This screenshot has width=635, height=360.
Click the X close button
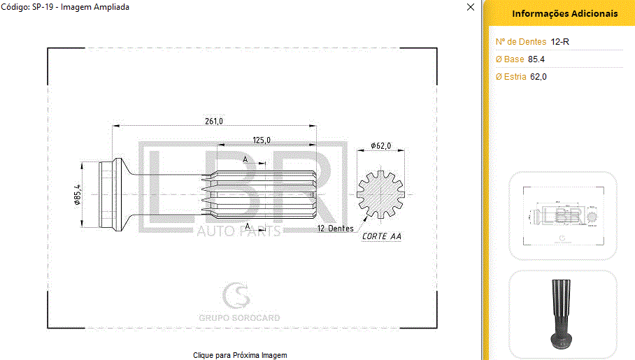coord(471,7)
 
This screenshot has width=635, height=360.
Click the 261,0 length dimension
coord(214,121)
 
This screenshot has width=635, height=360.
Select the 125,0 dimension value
coord(262,141)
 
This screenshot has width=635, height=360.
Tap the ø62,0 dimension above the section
coord(381,146)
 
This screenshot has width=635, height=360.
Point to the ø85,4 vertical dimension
coord(78,194)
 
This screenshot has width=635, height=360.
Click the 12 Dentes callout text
coord(335,229)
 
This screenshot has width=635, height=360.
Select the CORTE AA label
coord(382,236)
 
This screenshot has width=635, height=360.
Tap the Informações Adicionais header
coord(564,13)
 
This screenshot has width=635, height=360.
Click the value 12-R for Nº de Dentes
coord(560,42)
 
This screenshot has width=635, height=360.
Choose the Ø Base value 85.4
coord(536,59)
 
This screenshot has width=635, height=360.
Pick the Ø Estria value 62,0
coord(538,77)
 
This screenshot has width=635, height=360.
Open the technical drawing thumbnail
coord(562,215)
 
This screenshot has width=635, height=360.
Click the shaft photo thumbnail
coord(562,314)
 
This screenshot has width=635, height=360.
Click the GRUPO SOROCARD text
coord(239,318)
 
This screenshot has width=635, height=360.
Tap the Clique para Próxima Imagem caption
coord(240,355)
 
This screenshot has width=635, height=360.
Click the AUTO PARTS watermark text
coord(238,231)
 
